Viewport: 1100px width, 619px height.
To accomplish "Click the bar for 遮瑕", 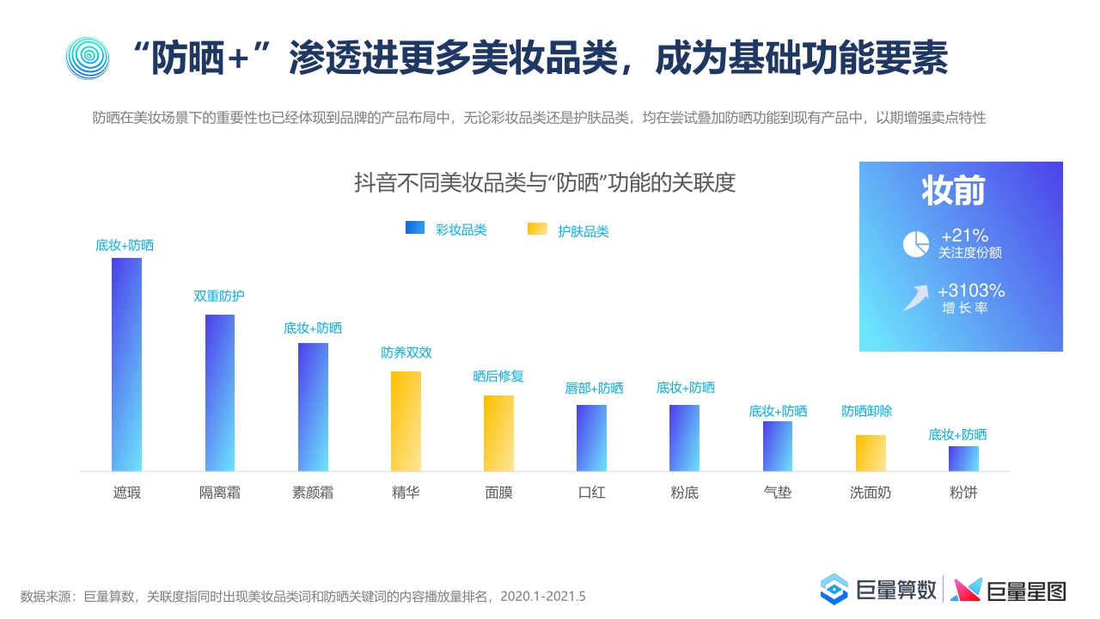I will pyautogui.click(x=126, y=365).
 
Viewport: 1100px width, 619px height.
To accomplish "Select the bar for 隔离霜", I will pyautogui.click(x=219, y=393).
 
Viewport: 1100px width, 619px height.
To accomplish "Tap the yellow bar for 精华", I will pyautogui.click(x=406, y=421).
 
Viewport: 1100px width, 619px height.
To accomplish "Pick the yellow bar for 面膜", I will pyautogui.click(x=498, y=433).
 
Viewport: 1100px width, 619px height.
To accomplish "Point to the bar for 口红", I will pyautogui.click(x=591, y=438).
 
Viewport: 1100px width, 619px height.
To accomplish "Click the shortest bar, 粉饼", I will pyautogui.click(x=963, y=458).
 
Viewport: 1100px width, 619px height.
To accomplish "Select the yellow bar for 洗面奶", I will pyautogui.click(x=870, y=453).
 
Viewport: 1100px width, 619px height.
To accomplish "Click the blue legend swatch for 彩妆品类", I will pyautogui.click(x=415, y=228).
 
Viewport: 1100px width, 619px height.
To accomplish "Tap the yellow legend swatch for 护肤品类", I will pyautogui.click(x=537, y=229).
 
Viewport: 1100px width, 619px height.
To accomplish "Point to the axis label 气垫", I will pyautogui.click(x=777, y=493).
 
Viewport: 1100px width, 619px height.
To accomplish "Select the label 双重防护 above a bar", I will pyautogui.click(x=218, y=296).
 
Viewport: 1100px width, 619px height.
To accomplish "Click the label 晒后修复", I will pyautogui.click(x=498, y=377).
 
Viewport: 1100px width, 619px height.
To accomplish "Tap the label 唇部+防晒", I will pyautogui.click(x=594, y=388).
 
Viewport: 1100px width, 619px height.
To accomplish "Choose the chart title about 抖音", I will pyautogui.click(x=545, y=183).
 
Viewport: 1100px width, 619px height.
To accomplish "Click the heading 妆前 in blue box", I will pyautogui.click(x=953, y=191).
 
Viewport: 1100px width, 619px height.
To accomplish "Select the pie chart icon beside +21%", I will pyautogui.click(x=915, y=244).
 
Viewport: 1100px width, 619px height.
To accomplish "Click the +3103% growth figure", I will pyautogui.click(x=971, y=291).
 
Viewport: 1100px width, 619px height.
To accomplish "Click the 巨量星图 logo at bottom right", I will pyautogui.click(x=1009, y=590).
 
